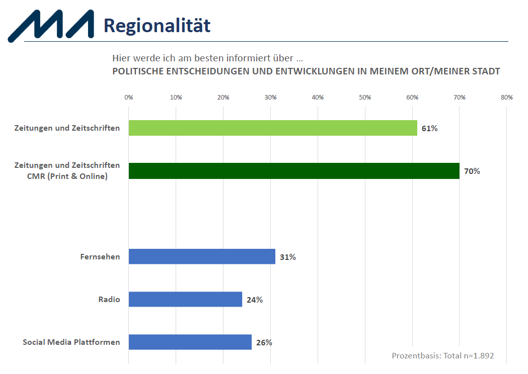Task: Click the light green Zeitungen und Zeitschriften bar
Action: click(273, 128)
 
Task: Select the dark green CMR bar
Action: click(294, 171)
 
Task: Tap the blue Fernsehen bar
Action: click(202, 256)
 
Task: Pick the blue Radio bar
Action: click(185, 299)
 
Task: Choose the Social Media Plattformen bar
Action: click(190, 342)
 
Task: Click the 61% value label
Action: click(430, 129)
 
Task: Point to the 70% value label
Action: click(472, 171)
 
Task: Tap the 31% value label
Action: click(288, 257)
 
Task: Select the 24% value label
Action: click(255, 300)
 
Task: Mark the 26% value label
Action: click(264, 342)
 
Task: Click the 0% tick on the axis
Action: click(129, 98)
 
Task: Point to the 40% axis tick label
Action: click(318, 98)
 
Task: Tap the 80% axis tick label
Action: click(507, 98)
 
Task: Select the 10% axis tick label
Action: click(176, 98)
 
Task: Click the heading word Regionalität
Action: click(157, 26)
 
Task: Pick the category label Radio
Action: click(109, 299)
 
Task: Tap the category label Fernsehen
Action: click(100, 256)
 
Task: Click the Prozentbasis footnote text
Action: click(443, 355)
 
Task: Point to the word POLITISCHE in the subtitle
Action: click(138, 71)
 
